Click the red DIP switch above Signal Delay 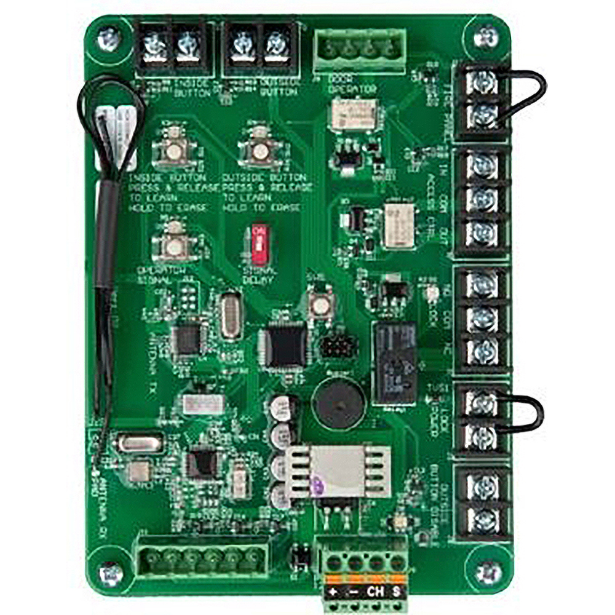tap(260, 245)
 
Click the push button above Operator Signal tap(175, 246)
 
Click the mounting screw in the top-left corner tap(108, 38)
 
